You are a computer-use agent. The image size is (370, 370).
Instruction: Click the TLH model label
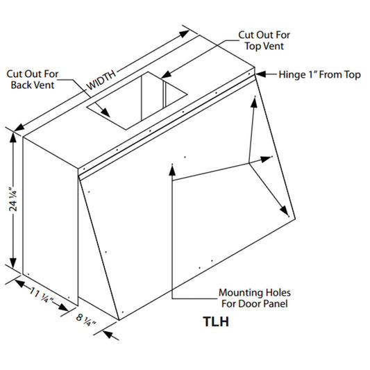(x=216, y=321)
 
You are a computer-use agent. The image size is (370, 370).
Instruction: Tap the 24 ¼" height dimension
(x=13, y=199)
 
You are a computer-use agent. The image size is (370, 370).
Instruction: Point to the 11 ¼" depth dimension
(x=42, y=295)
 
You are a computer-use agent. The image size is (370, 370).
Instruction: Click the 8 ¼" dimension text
(x=86, y=320)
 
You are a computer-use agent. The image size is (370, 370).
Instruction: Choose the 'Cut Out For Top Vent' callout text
(x=264, y=40)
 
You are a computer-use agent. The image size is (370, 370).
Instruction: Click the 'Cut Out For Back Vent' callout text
(x=33, y=79)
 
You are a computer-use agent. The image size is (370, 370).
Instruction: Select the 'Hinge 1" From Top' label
(x=320, y=74)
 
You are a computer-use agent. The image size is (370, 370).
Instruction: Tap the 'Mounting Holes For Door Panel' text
(x=255, y=298)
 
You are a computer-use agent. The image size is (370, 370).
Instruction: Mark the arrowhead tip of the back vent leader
(x=110, y=117)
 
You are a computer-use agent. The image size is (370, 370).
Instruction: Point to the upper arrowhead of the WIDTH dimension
(x=185, y=33)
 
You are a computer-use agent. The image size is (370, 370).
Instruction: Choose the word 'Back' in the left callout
(x=22, y=85)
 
